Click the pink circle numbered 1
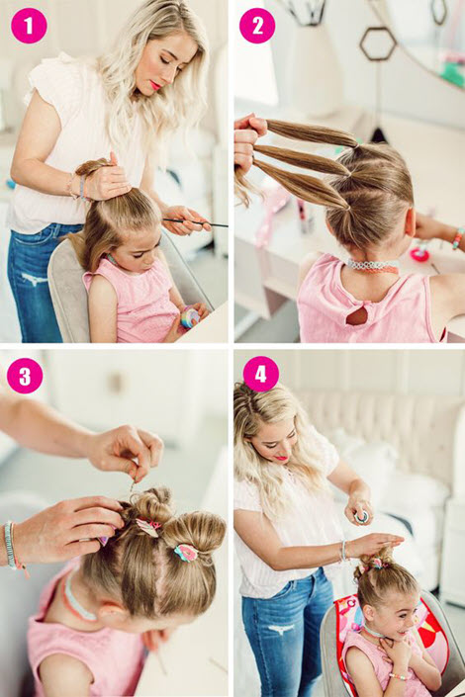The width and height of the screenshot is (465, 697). click(x=29, y=26)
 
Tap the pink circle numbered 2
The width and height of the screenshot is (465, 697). click(x=257, y=26)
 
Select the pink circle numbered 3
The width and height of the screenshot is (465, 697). click(x=25, y=376)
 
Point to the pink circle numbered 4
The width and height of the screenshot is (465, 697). click(x=260, y=374)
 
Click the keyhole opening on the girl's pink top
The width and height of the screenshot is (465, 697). click(x=357, y=315)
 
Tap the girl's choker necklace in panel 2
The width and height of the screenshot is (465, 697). click(x=373, y=266)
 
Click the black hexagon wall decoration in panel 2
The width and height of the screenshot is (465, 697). click(x=378, y=44)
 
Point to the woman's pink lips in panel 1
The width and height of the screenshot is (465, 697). click(x=155, y=84)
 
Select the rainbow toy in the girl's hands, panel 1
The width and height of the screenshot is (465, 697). click(x=190, y=317)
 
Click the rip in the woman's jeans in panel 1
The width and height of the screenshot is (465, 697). click(x=36, y=279)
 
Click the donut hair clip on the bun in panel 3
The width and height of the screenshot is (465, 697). click(x=186, y=553)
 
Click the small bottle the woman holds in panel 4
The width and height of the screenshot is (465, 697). click(x=362, y=517)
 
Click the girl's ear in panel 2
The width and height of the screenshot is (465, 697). click(x=410, y=220)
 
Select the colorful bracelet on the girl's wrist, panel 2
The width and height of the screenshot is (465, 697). click(x=458, y=238)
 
